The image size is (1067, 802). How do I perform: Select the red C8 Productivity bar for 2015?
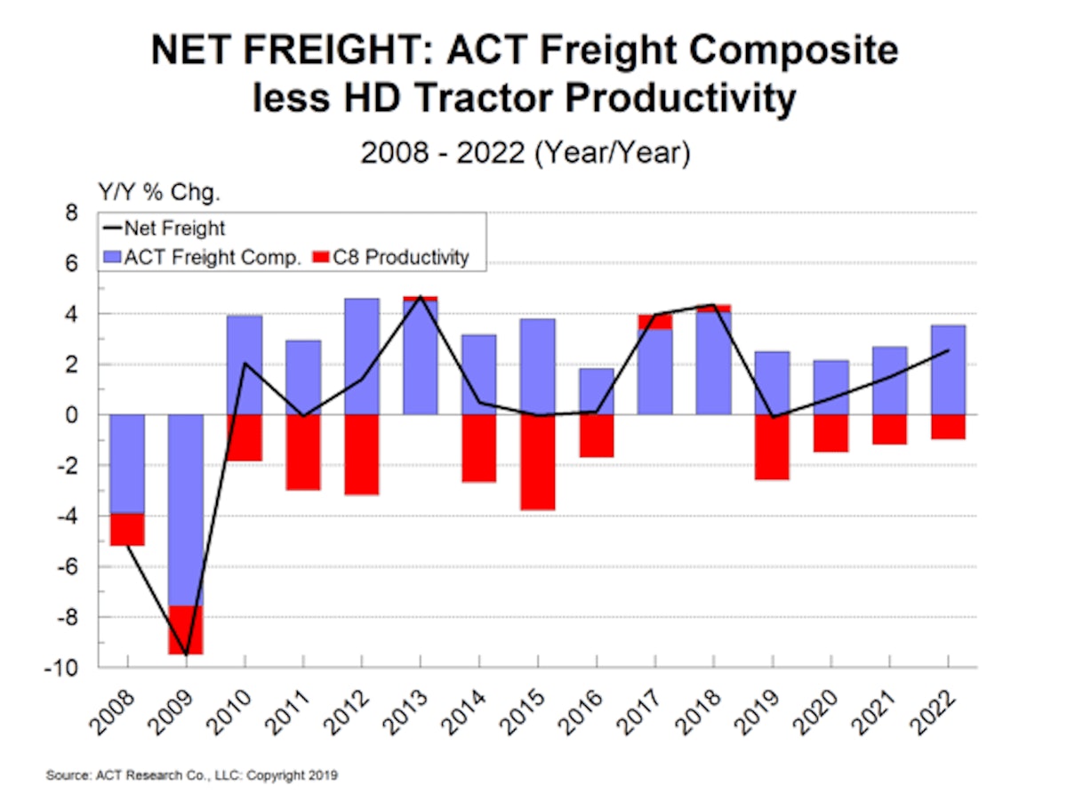[537, 462]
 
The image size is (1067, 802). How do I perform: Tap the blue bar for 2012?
[361, 357]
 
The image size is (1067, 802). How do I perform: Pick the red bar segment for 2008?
[127, 529]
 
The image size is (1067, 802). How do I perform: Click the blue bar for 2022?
[948, 370]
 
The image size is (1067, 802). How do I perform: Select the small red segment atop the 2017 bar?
[654, 322]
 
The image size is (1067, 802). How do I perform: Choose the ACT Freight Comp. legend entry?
[213, 258]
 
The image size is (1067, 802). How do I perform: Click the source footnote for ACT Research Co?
[192, 775]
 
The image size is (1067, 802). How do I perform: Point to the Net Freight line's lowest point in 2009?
[186, 654]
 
